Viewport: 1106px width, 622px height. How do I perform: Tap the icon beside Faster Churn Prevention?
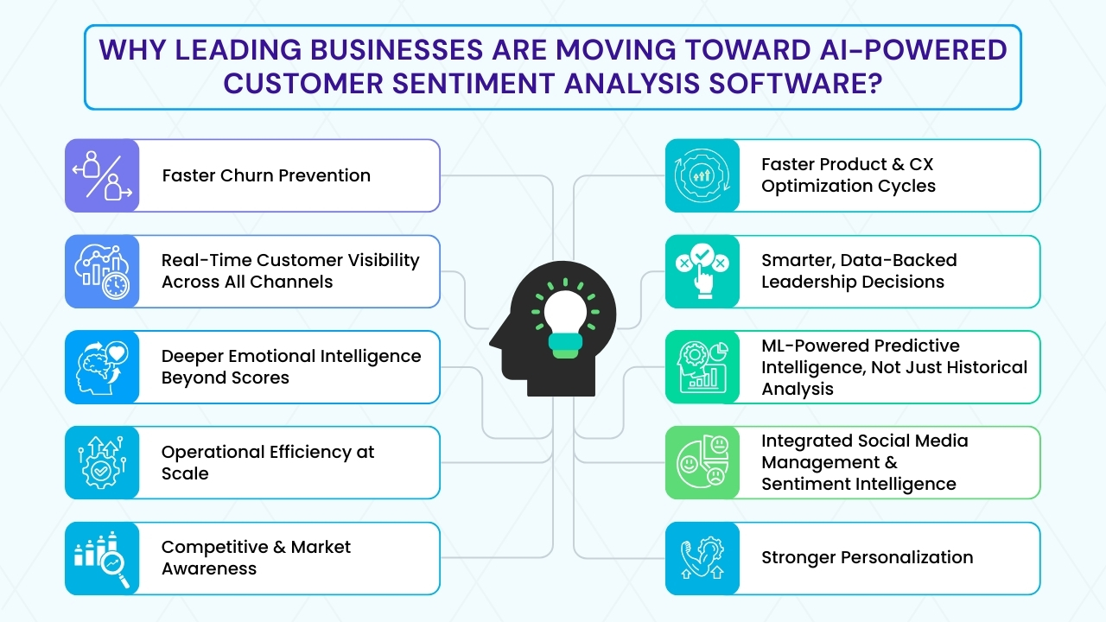point(102,175)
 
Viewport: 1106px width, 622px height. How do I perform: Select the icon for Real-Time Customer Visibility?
point(102,271)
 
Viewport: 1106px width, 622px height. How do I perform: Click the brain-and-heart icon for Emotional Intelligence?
point(102,367)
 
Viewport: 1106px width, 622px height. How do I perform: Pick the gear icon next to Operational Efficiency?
point(102,463)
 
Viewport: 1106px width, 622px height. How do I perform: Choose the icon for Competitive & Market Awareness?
point(102,559)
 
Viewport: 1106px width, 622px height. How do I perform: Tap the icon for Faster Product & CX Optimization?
point(702,175)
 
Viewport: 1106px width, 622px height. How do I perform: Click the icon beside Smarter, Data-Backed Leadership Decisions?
point(702,271)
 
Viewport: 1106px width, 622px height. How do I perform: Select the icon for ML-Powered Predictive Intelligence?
point(702,367)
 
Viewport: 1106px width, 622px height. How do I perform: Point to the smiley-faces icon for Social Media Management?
point(702,463)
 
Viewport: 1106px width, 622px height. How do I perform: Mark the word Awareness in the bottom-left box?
point(209,568)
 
